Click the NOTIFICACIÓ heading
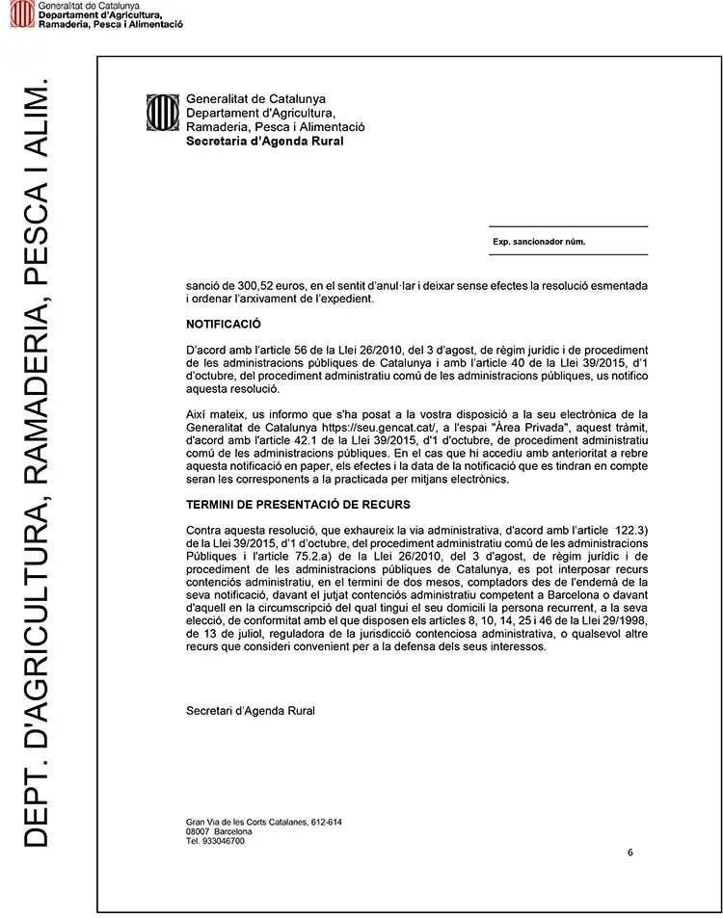(224, 325)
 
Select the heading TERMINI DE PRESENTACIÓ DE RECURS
(298, 504)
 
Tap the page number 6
(629, 852)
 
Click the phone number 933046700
(223, 841)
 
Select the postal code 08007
(198, 831)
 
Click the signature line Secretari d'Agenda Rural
(250, 711)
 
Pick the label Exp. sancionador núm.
(539, 242)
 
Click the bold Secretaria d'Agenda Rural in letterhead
(264, 141)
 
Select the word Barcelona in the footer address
(232, 831)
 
